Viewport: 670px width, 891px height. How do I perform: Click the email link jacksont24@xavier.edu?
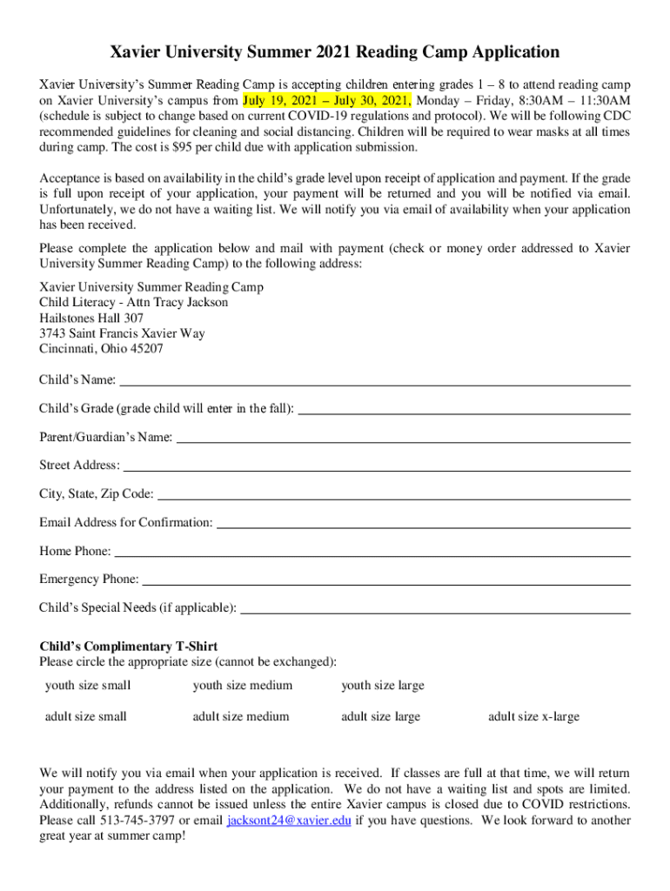289,821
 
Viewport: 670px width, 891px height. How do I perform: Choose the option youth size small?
88,686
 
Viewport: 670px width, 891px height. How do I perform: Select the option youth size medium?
243,686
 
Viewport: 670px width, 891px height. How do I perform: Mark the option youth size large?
383,686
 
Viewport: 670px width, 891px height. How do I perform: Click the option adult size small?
86,717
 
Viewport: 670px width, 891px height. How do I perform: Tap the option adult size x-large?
533,717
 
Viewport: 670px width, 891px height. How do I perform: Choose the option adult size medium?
241,717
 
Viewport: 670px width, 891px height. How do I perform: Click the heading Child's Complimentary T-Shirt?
129,646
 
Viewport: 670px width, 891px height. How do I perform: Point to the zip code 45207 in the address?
145,349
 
